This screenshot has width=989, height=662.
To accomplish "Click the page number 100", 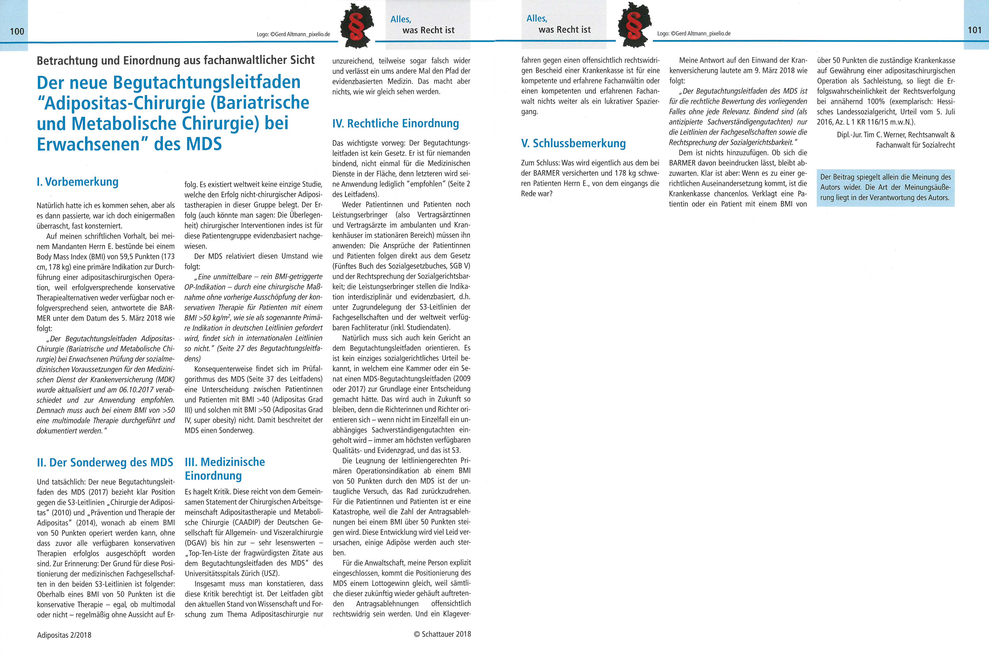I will coord(17,31).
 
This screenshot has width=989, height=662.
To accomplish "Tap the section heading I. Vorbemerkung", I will coord(78,182).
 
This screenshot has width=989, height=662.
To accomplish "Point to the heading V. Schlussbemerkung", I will coord(573,143).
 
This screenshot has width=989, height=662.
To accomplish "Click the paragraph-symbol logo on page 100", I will coord(357,25).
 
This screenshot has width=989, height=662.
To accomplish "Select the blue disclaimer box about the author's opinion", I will coord(885,187).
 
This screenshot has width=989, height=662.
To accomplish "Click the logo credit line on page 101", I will coord(694,33).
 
